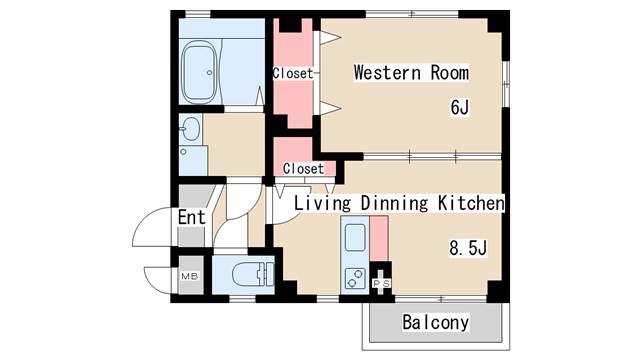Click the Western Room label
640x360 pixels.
[x=411, y=73]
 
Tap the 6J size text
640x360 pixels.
[x=460, y=107]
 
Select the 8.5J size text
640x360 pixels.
[x=468, y=248]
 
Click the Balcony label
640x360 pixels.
[x=436, y=322]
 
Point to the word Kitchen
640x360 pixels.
[x=471, y=203]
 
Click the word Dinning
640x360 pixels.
[x=394, y=203]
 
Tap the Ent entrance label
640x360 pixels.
[x=191, y=217]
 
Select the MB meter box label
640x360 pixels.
[x=189, y=276]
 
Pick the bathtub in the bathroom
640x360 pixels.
[x=199, y=72]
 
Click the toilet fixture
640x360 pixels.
[x=253, y=274]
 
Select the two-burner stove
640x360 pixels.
[x=355, y=278]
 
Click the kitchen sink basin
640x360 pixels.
[x=355, y=238]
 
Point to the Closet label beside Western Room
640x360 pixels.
[x=293, y=73]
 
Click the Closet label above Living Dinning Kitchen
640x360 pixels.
[x=303, y=169]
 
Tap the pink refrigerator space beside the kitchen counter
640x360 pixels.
[x=379, y=238]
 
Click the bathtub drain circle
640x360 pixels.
[x=209, y=73]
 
